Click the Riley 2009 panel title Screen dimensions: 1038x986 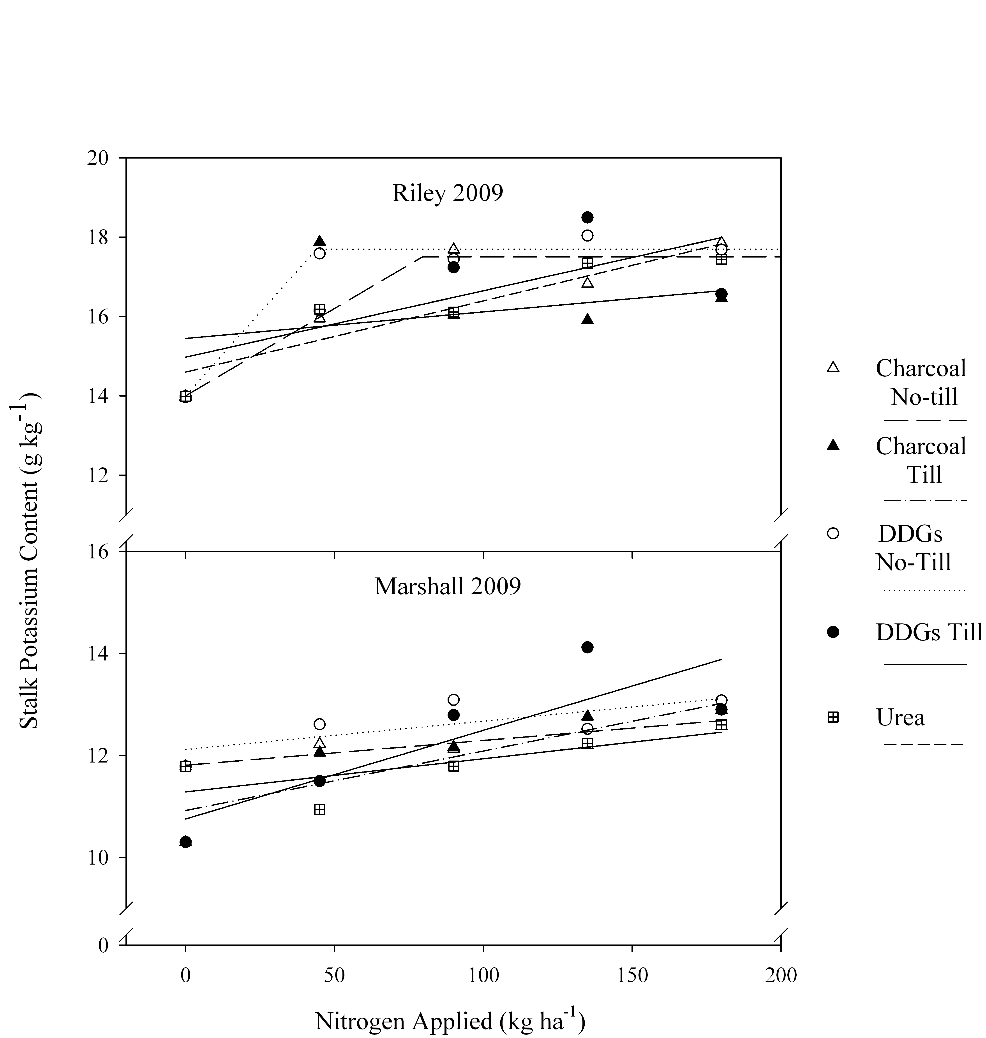[447, 193]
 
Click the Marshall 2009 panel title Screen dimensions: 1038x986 [447, 586]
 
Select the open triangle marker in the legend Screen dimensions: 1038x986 [833, 367]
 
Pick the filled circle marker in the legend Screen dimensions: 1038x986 [833, 633]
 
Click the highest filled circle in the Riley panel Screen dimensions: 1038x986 [588, 217]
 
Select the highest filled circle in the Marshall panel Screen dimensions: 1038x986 [588, 647]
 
